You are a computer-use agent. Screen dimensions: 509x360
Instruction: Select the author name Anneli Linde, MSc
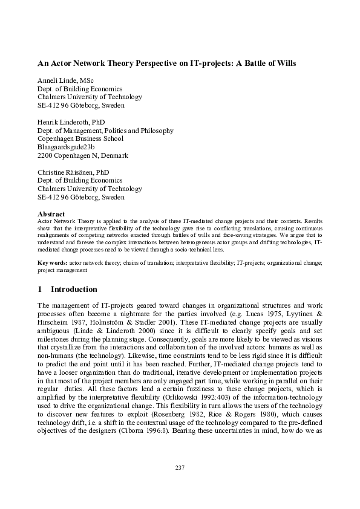(67, 80)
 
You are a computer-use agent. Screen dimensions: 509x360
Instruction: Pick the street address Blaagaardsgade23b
(67, 147)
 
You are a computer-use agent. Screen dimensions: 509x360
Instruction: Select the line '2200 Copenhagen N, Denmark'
(83, 155)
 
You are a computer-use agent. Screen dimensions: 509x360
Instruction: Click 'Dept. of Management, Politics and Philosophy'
(105, 131)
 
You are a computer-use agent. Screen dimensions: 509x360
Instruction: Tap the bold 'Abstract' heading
(51, 213)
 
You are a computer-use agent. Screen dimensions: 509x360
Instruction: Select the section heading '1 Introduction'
(67, 289)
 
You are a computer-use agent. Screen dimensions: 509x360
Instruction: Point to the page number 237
(180, 467)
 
